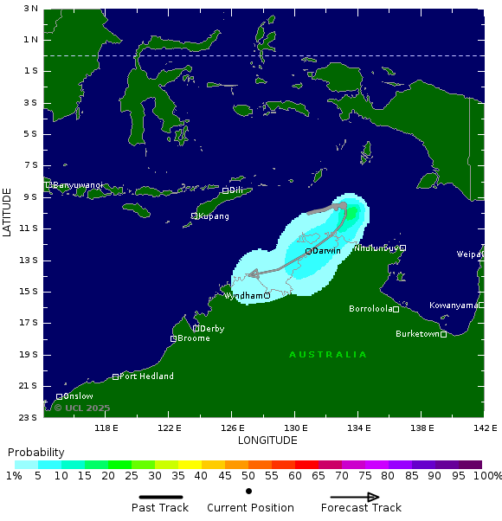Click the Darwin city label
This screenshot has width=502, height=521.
click(326, 251)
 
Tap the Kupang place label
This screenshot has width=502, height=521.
click(214, 216)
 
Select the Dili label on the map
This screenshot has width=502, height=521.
click(235, 190)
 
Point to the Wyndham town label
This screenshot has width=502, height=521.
click(243, 296)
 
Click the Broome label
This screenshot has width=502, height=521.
click(194, 338)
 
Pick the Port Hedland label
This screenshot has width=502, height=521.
click(146, 376)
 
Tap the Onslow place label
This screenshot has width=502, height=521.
click(78, 396)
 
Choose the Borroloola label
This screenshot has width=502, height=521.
click(370, 309)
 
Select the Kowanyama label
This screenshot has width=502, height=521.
click(453, 306)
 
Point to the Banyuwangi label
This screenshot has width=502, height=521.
click(78, 185)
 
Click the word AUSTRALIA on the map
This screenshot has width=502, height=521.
click(328, 355)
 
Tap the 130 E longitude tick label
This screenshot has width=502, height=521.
click(295, 428)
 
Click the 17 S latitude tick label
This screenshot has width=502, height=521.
click(30, 323)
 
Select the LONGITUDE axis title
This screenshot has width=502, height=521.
click(267, 441)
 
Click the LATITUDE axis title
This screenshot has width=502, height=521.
click(8, 212)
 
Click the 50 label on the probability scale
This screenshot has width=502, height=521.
click(248, 476)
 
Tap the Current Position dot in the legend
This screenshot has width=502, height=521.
click(248, 492)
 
